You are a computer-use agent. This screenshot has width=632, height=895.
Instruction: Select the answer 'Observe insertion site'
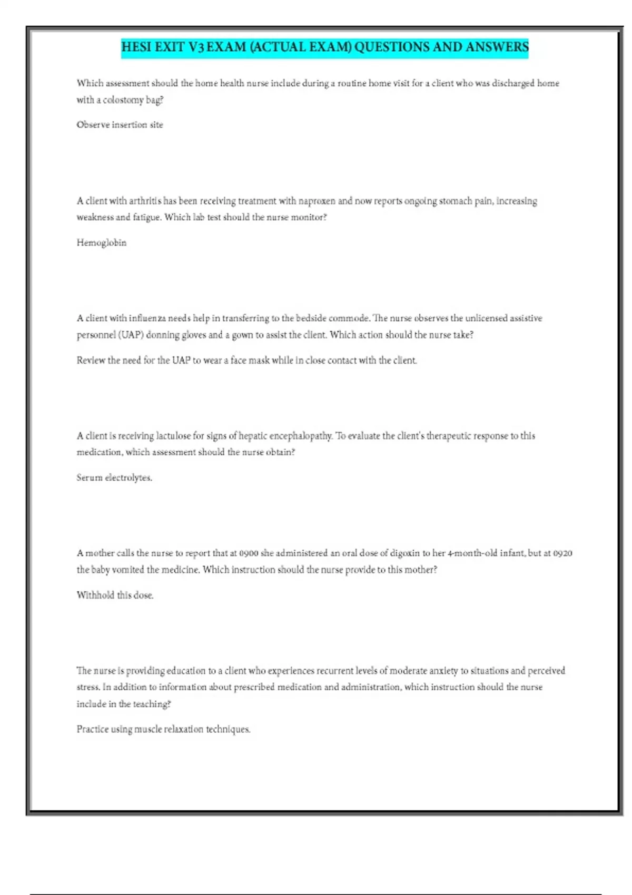[x=120, y=125]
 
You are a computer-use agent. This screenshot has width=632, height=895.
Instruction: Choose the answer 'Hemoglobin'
[x=102, y=243]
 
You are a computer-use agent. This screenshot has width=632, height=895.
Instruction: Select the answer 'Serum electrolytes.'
[x=114, y=478]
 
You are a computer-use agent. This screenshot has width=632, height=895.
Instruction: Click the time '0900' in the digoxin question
[x=249, y=553]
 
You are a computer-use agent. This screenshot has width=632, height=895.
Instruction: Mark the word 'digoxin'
[x=404, y=553]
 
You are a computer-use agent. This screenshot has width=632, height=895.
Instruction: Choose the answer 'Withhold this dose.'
[x=115, y=595]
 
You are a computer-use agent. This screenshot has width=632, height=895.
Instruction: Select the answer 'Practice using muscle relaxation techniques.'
[x=163, y=729]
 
